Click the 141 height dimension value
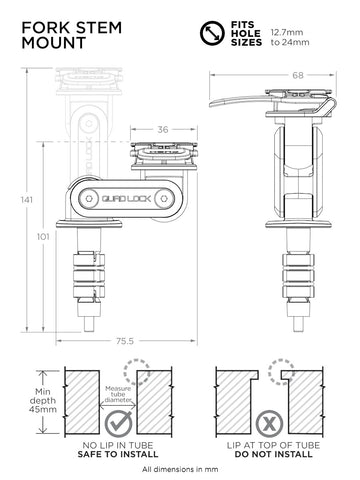[26, 200]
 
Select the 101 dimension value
[43, 237]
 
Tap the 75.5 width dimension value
[125, 341]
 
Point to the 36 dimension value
[163, 129]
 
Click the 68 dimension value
[298, 76]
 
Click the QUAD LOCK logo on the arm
[126, 199]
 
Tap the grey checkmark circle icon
[119, 424]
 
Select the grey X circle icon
[269, 424]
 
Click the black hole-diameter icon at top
[212, 33]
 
